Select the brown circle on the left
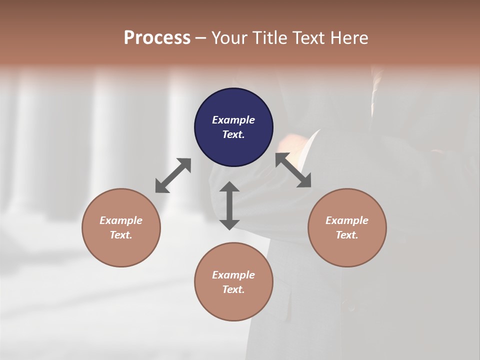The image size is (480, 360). (x=121, y=228)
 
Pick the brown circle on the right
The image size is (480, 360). (x=347, y=228)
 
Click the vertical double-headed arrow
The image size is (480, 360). (x=229, y=205)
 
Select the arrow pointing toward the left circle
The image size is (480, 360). (x=173, y=175)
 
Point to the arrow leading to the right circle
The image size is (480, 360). (x=293, y=170)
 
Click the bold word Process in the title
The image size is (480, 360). (x=157, y=37)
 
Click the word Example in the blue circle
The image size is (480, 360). (x=233, y=120)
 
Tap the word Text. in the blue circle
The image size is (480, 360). (x=233, y=134)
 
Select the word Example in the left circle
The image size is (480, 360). (x=121, y=220)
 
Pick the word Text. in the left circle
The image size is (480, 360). (x=121, y=235)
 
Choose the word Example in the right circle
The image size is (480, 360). (x=347, y=220)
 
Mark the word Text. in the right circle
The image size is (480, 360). (x=347, y=235)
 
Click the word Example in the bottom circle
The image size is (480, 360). (x=233, y=275)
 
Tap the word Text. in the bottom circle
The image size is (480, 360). (x=233, y=289)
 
